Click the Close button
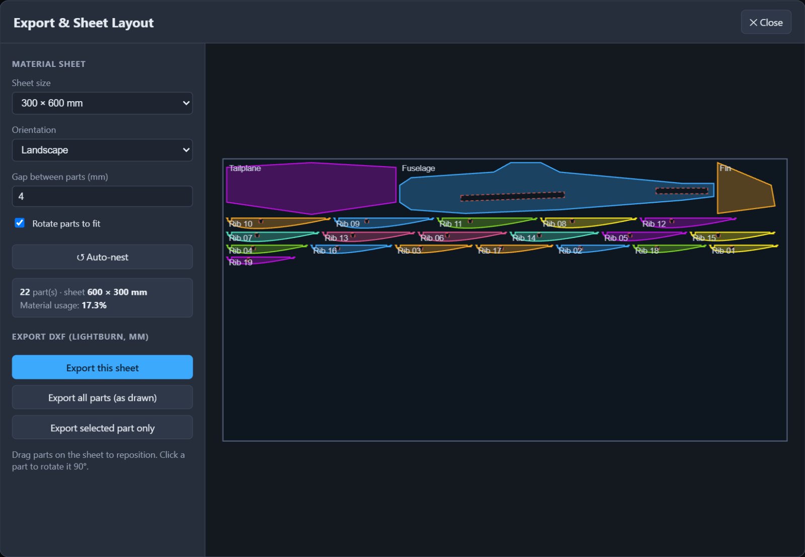pyautogui.click(x=766, y=22)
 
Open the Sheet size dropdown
pyautogui.click(x=102, y=103)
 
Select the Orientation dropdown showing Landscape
pyautogui.click(x=102, y=150)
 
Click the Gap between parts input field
pyautogui.click(x=102, y=196)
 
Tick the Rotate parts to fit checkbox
pyautogui.click(x=20, y=223)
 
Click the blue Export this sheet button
pyautogui.click(x=102, y=367)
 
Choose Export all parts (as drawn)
pyautogui.click(x=102, y=397)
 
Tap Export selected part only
pyautogui.click(x=102, y=428)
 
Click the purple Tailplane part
pyautogui.click(x=311, y=188)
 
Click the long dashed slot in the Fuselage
pyautogui.click(x=513, y=196)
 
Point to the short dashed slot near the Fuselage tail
pyautogui.click(x=682, y=191)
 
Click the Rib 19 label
pyautogui.click(x=240, y=262)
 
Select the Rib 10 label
pyautogui.click(x=240, y=224)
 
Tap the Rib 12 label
pyautogui.click(x=654, y=224)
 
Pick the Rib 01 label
pyautogui.click(x=723, y=251)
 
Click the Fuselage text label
pyautogui.click(x=418, y=168)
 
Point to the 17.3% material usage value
pyautogui.click(x=94, y=305)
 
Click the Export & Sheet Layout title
pyautogui.click(x=84, y=23)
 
